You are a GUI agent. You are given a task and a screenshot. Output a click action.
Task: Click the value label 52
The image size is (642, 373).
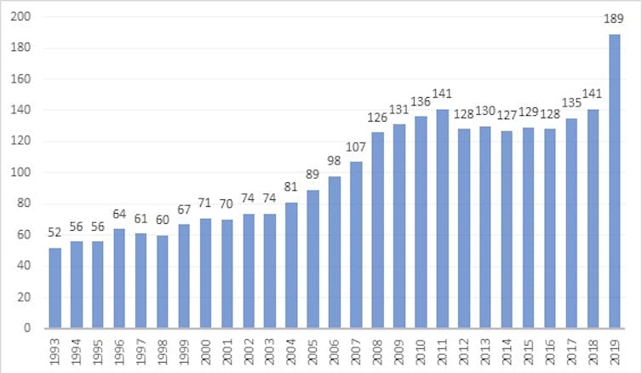coord(55,232)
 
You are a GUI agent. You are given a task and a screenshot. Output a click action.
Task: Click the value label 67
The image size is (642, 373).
coord(185,209)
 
